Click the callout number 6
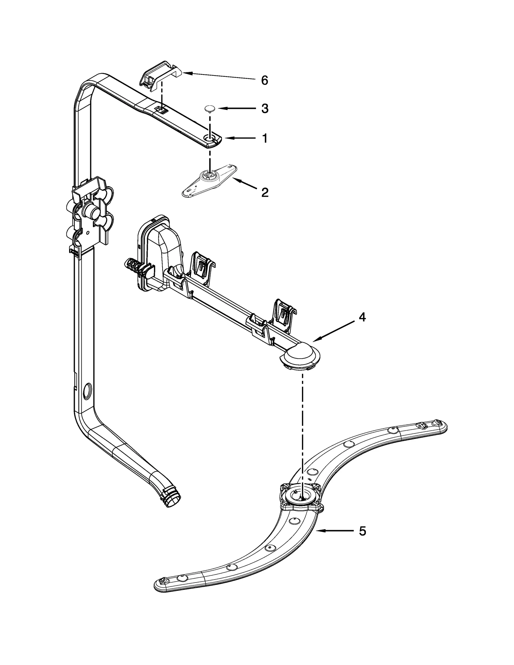pos(264,80)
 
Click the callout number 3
pos(264,109)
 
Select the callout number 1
pos(264,138)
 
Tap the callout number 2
pos(264,192)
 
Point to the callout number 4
pos(362,317)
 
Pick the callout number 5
pos(362,531)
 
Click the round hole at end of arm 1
pos(211,138)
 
